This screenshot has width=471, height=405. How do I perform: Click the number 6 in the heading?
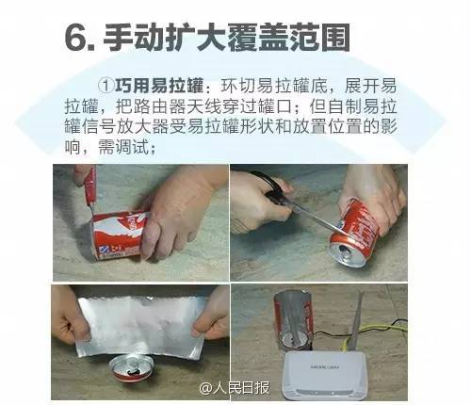[75, 38]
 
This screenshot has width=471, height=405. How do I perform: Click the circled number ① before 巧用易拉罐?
[106, 85]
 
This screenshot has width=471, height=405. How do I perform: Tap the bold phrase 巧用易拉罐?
[159, 86]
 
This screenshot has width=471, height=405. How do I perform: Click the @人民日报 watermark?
[235, 388]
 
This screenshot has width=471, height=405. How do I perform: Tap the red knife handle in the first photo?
[89, 186]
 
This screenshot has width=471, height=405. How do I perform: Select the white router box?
[324, 376]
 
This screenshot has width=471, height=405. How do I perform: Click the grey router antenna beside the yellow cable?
[356, 322]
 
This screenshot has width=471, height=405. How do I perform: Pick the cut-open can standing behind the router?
[293, 320]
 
